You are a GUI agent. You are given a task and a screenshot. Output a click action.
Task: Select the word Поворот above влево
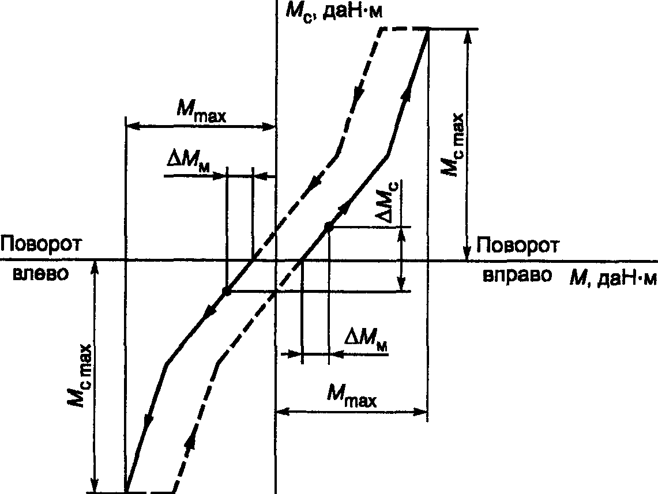[x=40, y=245]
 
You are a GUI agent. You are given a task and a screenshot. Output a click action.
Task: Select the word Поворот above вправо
[x=517, y=246]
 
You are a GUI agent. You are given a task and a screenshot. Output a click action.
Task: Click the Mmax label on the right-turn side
[x=351, y=397]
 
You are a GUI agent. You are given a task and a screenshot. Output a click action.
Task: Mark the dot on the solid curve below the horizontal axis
[x=227, y=292]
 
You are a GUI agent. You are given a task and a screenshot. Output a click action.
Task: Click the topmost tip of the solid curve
[x=428, y=30]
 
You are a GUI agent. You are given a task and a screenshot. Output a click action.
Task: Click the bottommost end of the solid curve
[x=126, y=492]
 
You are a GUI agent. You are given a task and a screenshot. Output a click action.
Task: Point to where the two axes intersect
[x=276, y=260]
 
